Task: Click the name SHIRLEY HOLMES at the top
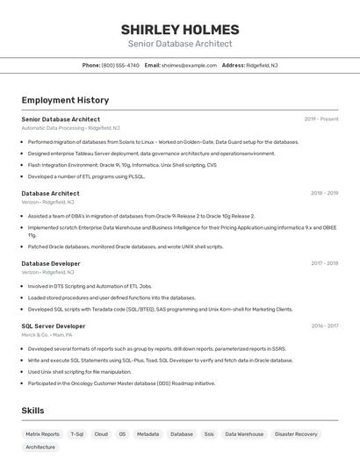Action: [x=180, y=30]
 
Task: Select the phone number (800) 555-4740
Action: [x=120, y=65]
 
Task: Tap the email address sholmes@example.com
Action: [x=189, y=65]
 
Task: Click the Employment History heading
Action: [x=65, y=100]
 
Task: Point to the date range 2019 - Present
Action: [x=321, y=119]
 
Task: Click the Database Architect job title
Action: [x=50, y=193]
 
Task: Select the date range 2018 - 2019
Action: [x=324, y=193]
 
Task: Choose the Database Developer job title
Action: [x=51, y=263]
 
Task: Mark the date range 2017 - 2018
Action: [x=324, y=263]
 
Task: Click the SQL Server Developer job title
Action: [x=54, y=325]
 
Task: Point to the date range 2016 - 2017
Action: [x=324, y=325]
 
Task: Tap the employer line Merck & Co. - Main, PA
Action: [x=47, y=334]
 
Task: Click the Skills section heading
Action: [x=32, y=411]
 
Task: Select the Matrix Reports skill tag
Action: [x=42, y=433]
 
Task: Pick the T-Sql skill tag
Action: [x=77, y=433]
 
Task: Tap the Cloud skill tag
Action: [x=101, y=433]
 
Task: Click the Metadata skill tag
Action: [x=148, y=433]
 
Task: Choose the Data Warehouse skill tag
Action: [x=244, y=433]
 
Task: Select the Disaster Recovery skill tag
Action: [x=296, y=433]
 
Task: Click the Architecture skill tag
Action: [x=40, y=447]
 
